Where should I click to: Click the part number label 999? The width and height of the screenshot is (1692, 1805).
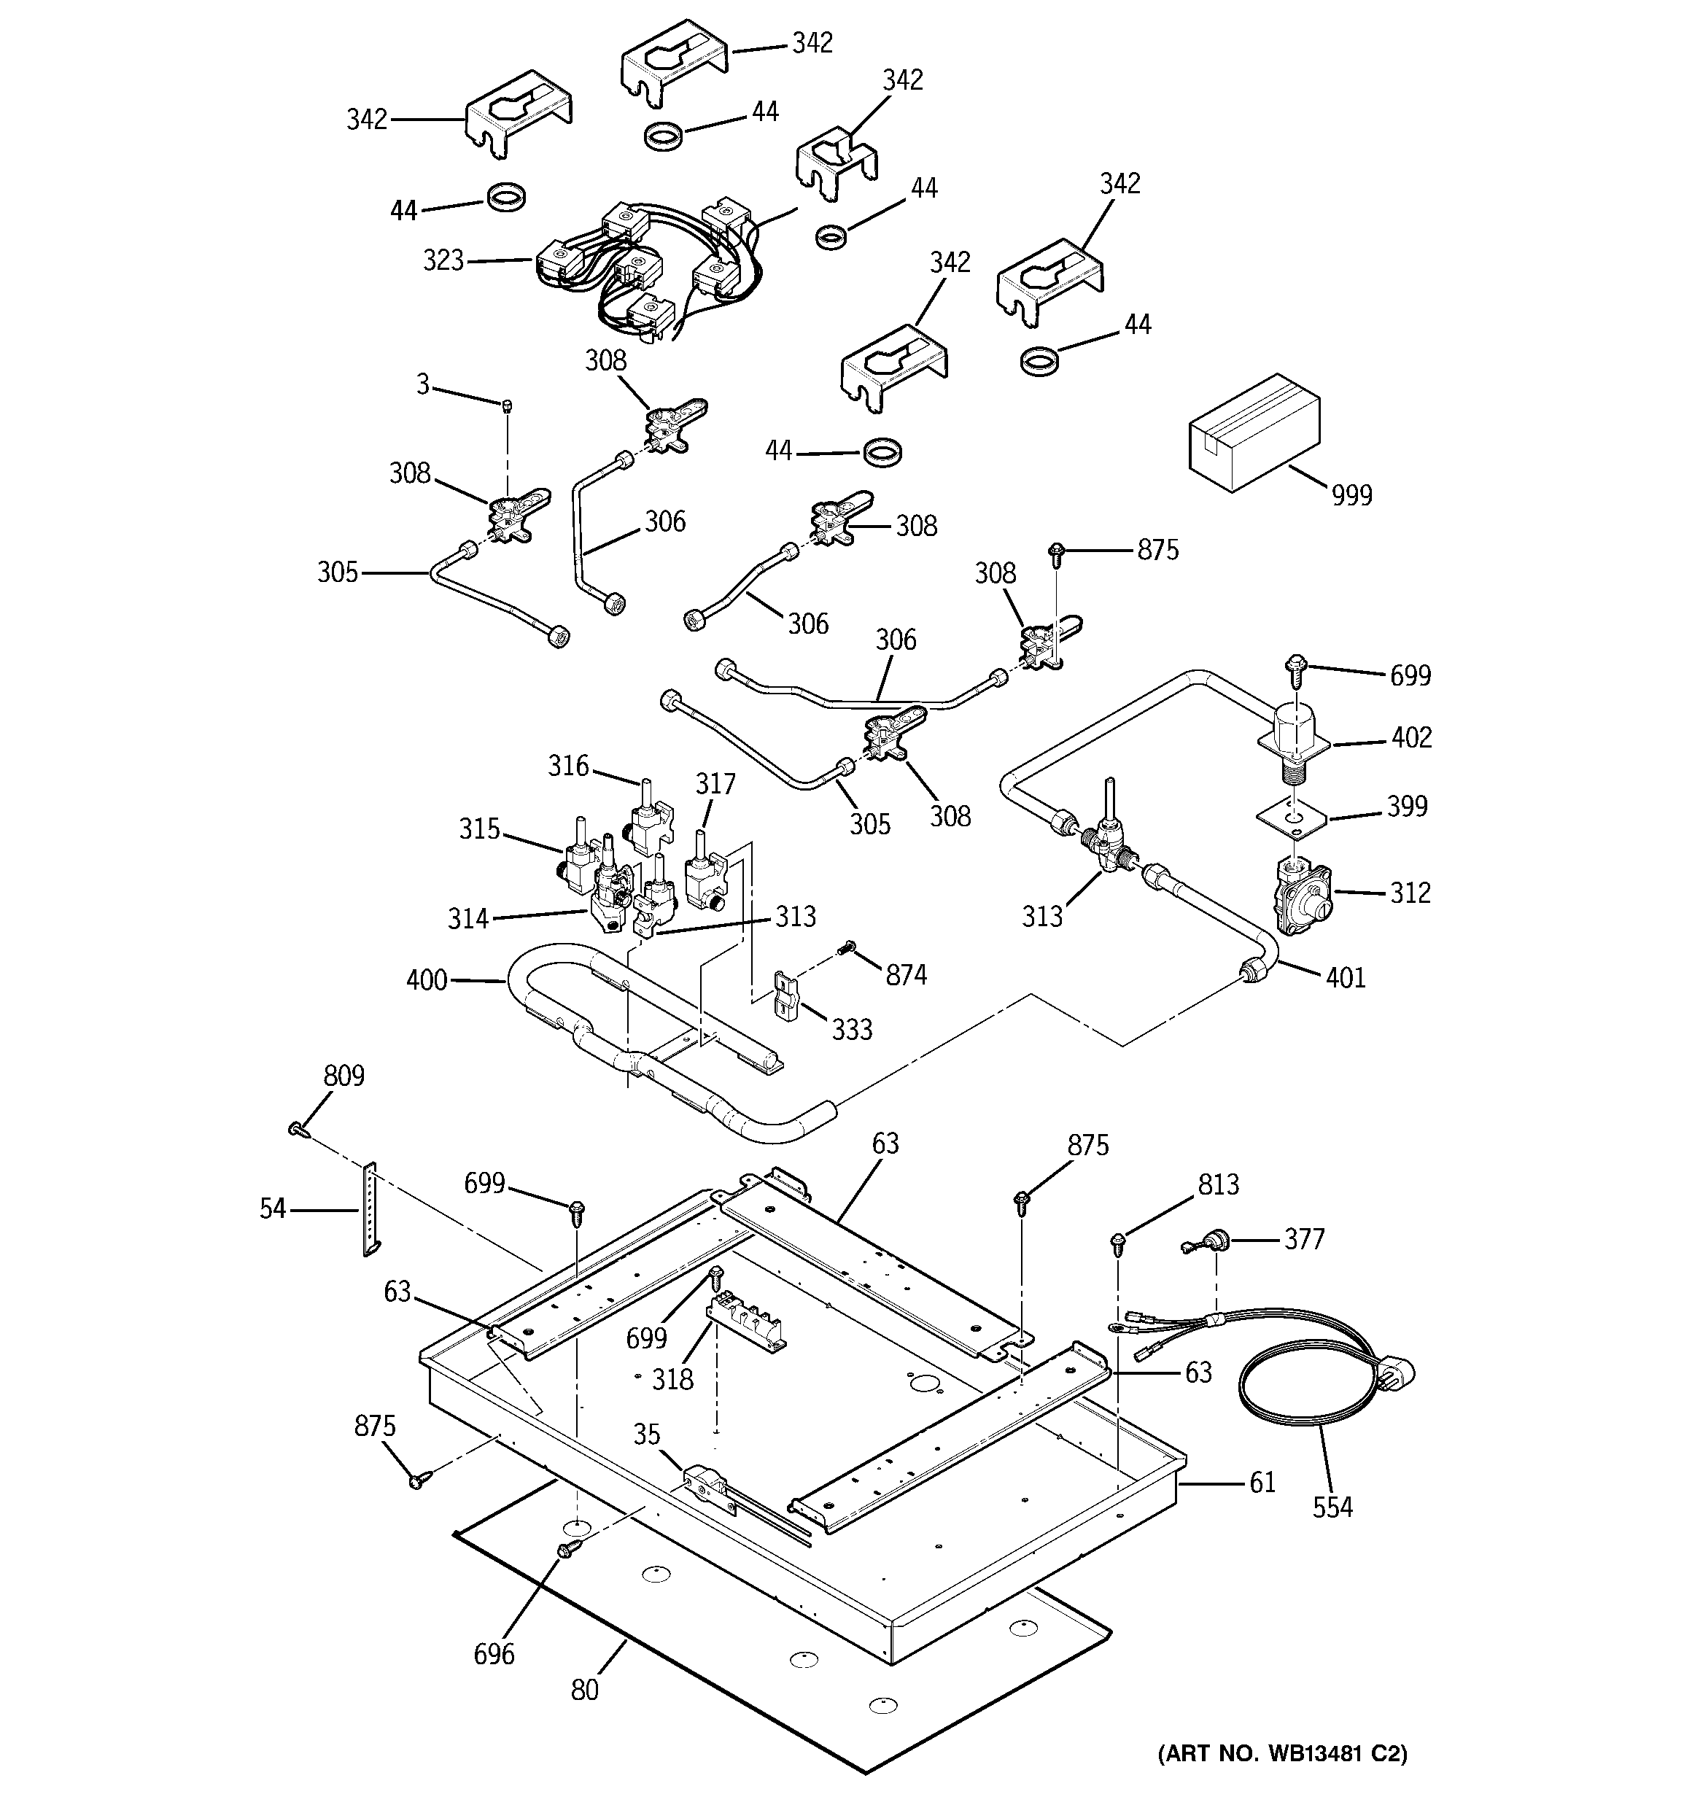pyautogui.click(x=1351, y=496)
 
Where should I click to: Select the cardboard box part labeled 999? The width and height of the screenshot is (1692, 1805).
pyautogui.click(x=1254, y=433)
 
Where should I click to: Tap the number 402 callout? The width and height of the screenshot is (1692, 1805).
pyautogui.click(x=1411, y=737)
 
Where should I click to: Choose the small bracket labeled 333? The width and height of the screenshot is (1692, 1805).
pyautogui.click(x=785, y=993)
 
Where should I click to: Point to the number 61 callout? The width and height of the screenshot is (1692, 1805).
pyautogui.click(x=1262, y=1483)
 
